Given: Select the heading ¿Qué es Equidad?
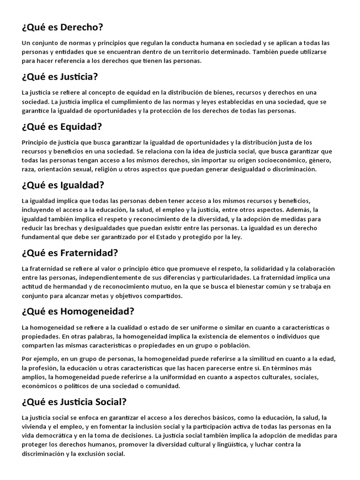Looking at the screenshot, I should pyautogui.click(x=62, y=127).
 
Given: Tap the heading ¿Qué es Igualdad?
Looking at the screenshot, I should pyautogui.click(x=63, y=185).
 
